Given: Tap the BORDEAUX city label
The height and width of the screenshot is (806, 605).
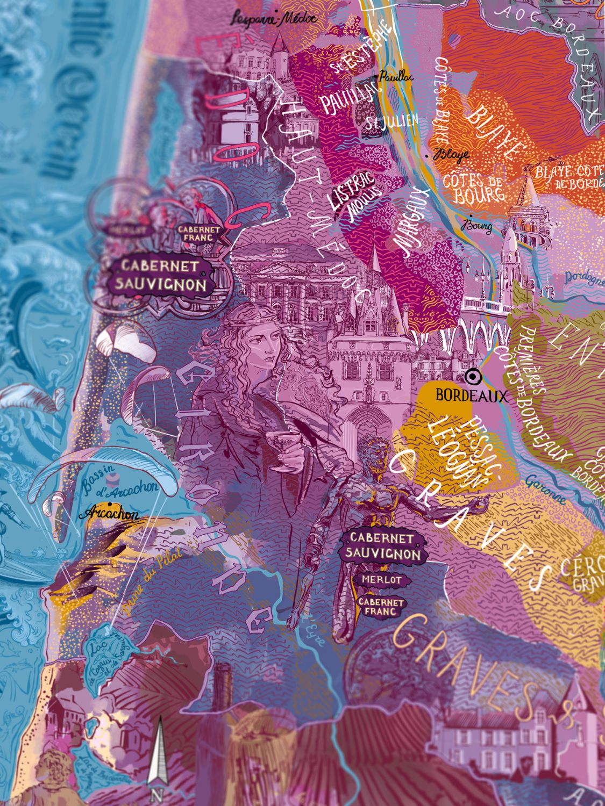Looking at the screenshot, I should tap(471, 396).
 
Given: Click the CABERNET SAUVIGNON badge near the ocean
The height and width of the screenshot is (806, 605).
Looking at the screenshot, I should tap(163, 276).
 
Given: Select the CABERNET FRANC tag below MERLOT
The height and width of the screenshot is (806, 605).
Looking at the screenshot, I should tap(381, 606).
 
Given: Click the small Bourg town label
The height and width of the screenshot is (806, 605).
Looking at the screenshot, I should tap(478, 227).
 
